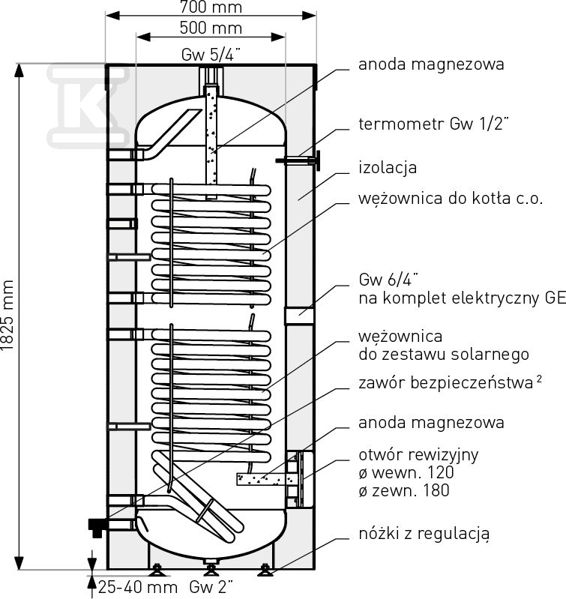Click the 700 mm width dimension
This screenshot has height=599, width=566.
(x=211, y=7)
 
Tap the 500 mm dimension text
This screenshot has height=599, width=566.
(x=211, y=28)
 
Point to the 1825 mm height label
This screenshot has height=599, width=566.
(x=8, y=315)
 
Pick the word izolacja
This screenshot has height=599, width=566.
(x=388, y=168)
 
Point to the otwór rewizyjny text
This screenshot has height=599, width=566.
(x=418, y=455)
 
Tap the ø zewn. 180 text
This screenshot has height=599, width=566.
(x=404, y=491)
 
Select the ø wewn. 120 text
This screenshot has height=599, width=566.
(x=406, y=473)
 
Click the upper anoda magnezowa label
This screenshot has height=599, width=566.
(x=430, y=64)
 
